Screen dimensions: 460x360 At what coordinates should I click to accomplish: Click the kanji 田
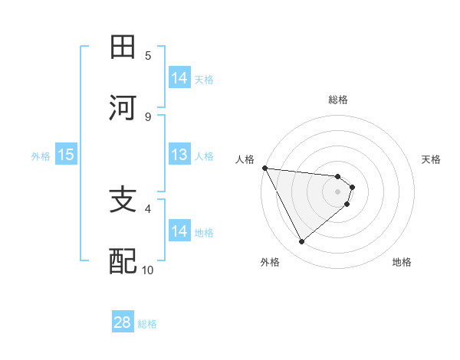(x=123, y=47)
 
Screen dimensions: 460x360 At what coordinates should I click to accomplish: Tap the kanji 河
(x=123, y=108)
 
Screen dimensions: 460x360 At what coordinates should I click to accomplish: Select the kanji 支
(x=123, y=201)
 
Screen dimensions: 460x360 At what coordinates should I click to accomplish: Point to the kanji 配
(x=123, y=261)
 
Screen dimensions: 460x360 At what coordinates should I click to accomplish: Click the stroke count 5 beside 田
(x=148, y=55)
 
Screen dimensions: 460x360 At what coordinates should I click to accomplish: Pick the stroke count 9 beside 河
(x=148, y=116)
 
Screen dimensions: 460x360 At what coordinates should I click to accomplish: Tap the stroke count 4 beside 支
(x=148, y=208)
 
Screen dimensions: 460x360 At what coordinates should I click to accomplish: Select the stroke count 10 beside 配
(x=148, y=270)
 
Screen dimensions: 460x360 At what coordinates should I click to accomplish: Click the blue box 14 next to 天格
(x=179, y=77)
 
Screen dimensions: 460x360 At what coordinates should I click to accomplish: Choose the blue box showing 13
(x=179, y=155)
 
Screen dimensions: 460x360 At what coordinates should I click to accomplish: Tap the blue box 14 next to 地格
(x=179, y=231)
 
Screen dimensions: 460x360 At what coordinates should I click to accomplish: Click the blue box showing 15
(x=66, y=155)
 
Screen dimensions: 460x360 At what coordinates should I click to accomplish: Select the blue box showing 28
(x=123, y=322)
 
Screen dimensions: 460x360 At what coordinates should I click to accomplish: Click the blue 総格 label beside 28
(x=147, y=324)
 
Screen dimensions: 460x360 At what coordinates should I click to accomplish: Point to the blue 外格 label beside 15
(x=41, y=155)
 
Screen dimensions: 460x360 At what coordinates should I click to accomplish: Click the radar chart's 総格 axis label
(x=338, y=100)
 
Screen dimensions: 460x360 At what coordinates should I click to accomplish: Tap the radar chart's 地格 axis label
(x=402, y=262)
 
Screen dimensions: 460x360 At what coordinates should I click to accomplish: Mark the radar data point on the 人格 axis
(x=264, y=168)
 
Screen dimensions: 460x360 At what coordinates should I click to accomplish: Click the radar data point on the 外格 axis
(x=302, y=242)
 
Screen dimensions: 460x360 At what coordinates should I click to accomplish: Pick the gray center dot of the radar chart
(x=338, y=191)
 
